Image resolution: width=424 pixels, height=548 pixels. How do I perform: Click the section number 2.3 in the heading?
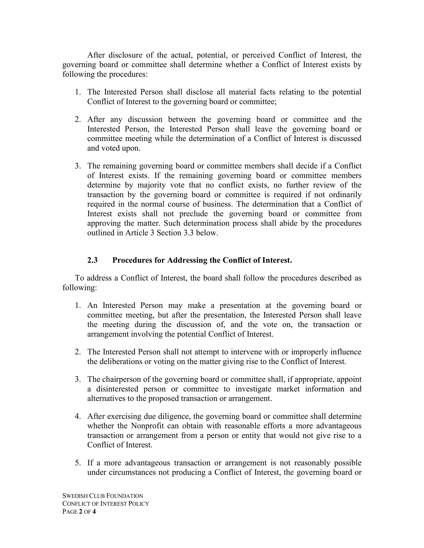coord(92,260)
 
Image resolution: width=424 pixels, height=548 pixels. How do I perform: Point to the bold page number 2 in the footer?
coord(81,512)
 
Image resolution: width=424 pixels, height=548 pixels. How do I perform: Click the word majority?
coord(151,185)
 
